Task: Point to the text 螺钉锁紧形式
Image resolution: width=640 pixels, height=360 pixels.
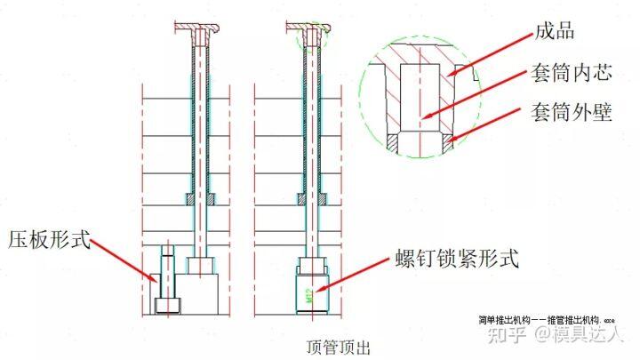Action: click(456, 260)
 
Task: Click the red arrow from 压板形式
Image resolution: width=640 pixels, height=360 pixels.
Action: click(124, 258)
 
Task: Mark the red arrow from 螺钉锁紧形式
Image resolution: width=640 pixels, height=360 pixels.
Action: click(356, 275)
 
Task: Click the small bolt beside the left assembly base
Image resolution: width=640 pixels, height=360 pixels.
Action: click(165, 280)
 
